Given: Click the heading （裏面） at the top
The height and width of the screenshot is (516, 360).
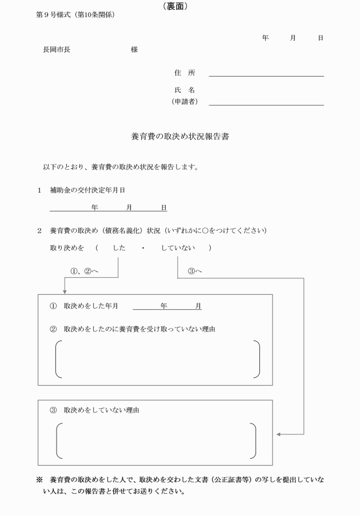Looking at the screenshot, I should [x=179, y=6].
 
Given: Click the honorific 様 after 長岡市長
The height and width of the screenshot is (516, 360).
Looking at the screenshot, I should [x=134, y=50].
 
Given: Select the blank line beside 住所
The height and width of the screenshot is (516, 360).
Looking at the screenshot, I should [x=266, y=75].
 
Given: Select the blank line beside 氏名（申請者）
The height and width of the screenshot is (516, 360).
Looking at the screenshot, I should [x=266, y=104].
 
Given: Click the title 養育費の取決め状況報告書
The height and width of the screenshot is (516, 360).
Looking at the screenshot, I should [x=180, y=137].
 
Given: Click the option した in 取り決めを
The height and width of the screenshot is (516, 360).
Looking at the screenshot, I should [x=119, y=247].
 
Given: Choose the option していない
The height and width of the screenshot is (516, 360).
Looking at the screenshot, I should [x=178, y=247].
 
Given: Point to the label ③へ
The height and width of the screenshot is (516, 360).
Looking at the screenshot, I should [x=194, y=270].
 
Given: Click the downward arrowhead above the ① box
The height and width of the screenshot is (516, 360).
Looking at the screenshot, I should [x=65, y=291].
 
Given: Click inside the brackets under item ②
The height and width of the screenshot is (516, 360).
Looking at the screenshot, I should [x=157, y=359].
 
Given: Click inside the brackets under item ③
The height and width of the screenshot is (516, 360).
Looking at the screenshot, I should [x=155, y=441].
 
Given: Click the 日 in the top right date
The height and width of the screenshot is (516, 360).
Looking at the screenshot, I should [x=321, y=37].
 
